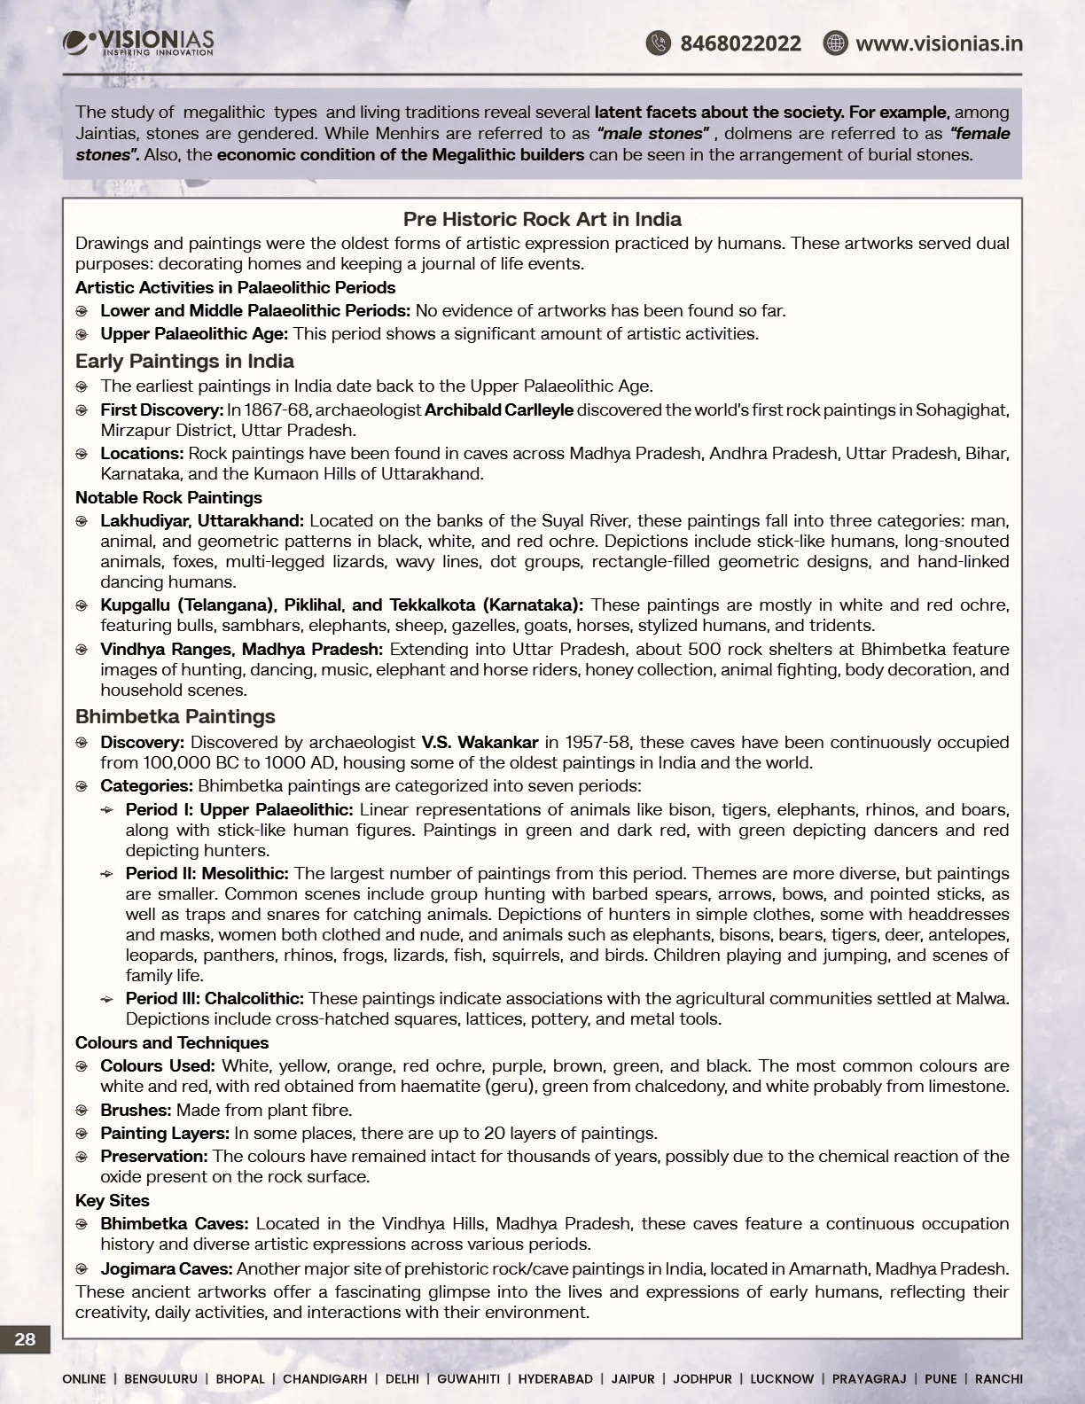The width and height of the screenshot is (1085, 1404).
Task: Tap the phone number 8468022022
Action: [x=740, y=43]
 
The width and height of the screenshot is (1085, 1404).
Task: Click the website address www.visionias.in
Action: [x=939, y=43]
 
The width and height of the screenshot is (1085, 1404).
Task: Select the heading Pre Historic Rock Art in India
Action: [x=542, y=219]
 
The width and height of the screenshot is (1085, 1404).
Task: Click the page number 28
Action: [x=25, y=1338]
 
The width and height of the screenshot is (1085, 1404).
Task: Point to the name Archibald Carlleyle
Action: [x=499, y=409]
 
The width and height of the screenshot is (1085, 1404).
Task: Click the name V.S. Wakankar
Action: [x=480, y=742]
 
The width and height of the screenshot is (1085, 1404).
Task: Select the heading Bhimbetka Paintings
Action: [x=176, y=716]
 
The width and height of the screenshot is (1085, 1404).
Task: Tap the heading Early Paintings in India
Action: [x=184, y=361]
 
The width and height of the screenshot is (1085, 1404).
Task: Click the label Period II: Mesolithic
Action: [x=207, y=874]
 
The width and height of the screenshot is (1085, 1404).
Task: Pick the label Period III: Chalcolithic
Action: [x=215, y=998]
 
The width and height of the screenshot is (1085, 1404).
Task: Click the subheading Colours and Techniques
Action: [x=172, y=1042]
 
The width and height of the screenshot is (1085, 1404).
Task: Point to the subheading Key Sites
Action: [x=113, y=1200]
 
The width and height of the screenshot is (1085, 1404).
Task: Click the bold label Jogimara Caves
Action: [x=167, y=1268]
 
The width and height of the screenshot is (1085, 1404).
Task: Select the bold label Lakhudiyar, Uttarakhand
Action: [x=202, y=520]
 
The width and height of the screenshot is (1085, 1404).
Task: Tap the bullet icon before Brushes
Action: [x=82, y=1111]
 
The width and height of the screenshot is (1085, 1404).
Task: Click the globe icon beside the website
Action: [x=835, y=43]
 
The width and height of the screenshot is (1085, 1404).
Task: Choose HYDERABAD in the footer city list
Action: [x=556, y=1378]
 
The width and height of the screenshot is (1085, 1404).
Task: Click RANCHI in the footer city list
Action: [x=999, y=1378]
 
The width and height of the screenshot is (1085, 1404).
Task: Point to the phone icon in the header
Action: [x=658, y=43]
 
